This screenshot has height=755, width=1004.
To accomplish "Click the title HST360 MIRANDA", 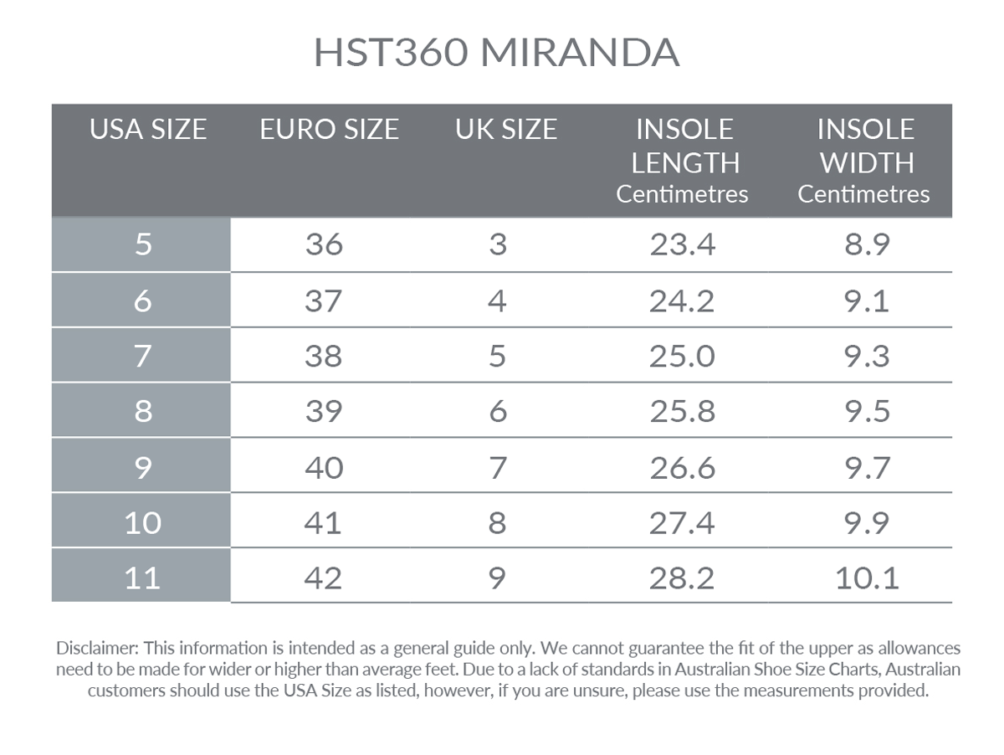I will [496, 53].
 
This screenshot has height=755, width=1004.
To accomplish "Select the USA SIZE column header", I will [148, 129].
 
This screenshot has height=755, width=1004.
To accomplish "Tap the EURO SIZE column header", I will [329, 129].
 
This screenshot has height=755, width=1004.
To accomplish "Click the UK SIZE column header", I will [506, 129].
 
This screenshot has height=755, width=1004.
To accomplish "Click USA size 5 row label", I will [143, 244].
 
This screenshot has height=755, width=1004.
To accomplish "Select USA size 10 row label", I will [142, 522].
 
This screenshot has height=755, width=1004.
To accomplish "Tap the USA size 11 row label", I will [142, 578].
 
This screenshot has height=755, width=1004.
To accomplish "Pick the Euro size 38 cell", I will [324, 356].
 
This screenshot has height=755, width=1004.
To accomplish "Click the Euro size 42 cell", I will [324, 578].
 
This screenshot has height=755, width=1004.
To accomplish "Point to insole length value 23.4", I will [682, 244].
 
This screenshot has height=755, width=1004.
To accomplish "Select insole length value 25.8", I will [682, 411].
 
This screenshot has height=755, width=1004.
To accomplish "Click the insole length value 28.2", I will [682, 578].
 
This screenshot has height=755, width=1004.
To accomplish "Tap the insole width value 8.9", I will [867, 244].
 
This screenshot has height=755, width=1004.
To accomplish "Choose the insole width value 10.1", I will [867, 578].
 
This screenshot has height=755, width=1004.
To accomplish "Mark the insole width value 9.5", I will [867, 411].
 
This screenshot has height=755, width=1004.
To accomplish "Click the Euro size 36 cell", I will [324, 244].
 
